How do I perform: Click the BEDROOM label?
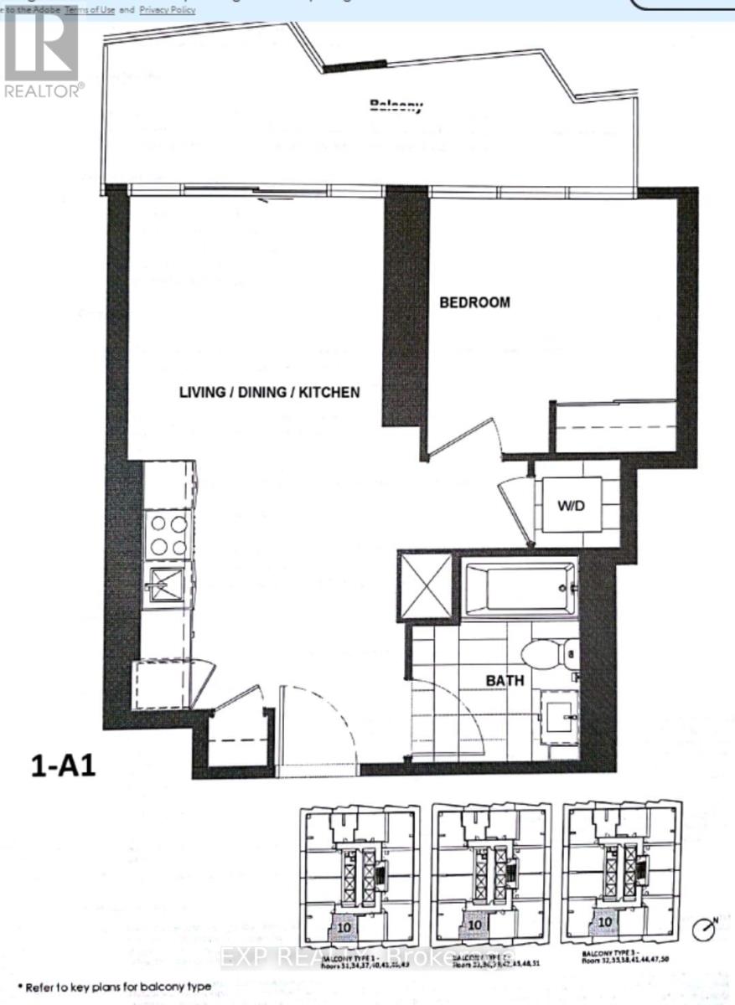coord(474,302)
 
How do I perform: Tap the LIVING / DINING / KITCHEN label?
coord(271,391)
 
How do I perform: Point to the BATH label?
coord(505,680)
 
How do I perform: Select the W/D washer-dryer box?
coord(571,505)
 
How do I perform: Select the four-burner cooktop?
coord(168,534)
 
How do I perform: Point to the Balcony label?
coord(396,106)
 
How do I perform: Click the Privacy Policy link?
coord(168,10)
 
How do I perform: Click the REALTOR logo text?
coord(44,90)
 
